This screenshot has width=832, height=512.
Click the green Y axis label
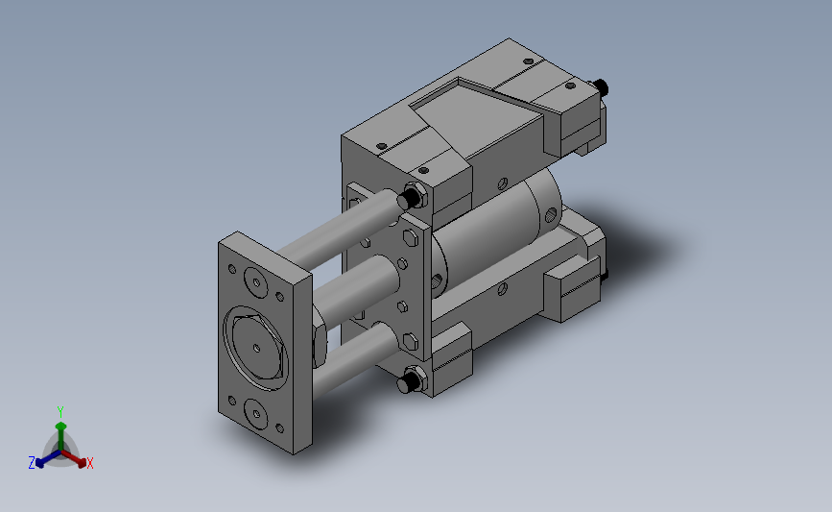coord(59,412)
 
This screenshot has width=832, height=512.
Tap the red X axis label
coord(89,463)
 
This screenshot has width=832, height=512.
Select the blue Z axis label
coord(32,463)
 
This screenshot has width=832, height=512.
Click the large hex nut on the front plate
coord(256,348)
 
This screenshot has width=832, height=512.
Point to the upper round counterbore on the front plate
coord(256,282)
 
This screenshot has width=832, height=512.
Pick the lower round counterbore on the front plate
coord(255,413)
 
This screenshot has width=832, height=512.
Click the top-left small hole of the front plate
coord(232,269)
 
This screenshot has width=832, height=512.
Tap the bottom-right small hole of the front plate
coord(279,428)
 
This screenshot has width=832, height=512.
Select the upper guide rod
coord(340,229)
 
